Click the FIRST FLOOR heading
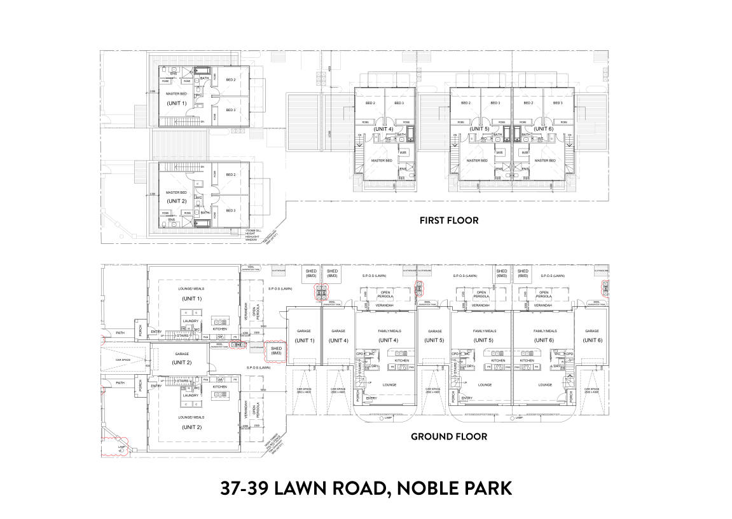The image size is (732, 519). [x=448, y=220]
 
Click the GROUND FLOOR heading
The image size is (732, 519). [x=448, y=436]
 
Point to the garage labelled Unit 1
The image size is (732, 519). [x=303, y=336]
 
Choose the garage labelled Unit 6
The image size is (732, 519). [x=591, y=336]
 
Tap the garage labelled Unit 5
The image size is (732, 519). [x=435, y=336]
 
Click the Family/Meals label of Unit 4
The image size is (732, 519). [x=386, y=331]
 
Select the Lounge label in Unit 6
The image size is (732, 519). [x=544, y=385]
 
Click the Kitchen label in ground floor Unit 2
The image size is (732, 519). [x=219, y=386]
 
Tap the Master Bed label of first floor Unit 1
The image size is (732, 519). [x=176, y=94]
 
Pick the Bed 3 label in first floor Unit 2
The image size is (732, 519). [x=230, y=210]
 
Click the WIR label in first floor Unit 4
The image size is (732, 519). [x=403, y=152]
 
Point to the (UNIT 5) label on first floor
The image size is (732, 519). [x=480, y=129]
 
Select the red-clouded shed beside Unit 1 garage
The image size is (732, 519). [x=276, y=351]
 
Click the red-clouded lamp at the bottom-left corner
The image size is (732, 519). [x=118, y=446]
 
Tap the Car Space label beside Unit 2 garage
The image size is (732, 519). [x=123, y=360]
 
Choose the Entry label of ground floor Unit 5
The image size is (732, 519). [x=467, y=398]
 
